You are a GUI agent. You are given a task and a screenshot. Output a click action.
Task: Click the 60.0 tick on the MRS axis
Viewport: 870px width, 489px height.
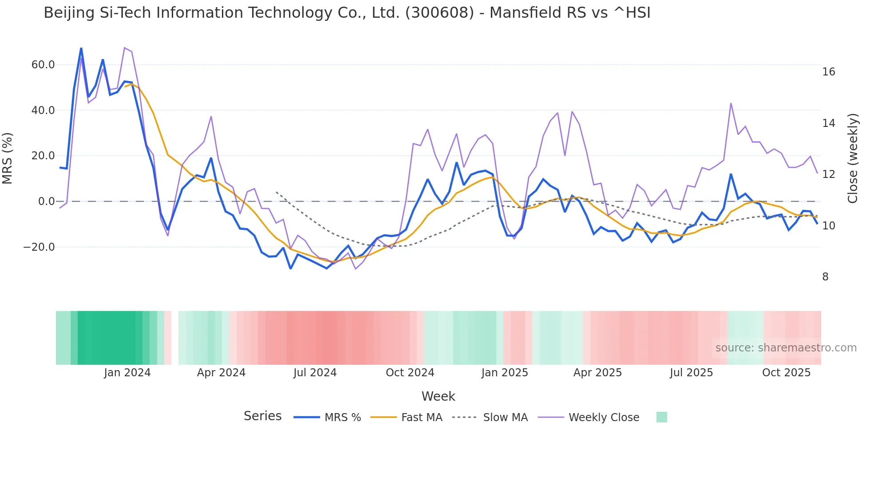pos(43,65)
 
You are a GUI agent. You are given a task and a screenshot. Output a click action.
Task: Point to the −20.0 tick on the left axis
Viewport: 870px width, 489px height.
pos(39,247)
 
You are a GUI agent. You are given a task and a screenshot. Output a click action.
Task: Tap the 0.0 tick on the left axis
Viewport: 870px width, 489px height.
pos(46,201)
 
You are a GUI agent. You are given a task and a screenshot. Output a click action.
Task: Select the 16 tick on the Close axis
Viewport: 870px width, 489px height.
pos(828,72)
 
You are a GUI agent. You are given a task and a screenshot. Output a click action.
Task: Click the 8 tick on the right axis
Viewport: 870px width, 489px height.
pos(825,277)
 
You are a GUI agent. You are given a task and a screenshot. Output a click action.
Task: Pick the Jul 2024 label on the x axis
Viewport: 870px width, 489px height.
pos(315,373)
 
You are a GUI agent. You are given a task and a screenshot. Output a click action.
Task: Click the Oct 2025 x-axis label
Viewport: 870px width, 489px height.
pos(786,373)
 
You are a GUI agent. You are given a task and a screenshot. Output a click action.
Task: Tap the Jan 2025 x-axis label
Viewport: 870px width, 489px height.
pos(505,373)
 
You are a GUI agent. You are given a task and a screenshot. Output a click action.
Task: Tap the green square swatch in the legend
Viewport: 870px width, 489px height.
pos(661,417)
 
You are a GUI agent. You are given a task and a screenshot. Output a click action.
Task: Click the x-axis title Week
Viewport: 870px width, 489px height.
pos(438,396)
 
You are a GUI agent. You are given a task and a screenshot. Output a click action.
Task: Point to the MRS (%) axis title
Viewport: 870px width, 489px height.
pos(8,158)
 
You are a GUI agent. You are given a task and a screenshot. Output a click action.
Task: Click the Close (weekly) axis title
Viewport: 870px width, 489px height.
pos(853,158)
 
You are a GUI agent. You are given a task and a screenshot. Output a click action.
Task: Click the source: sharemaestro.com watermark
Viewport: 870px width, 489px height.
pos(786,348)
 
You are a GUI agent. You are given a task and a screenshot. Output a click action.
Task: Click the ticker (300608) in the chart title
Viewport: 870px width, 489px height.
pos(439,13)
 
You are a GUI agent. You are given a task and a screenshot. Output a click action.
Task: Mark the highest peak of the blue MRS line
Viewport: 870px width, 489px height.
pos(81,48)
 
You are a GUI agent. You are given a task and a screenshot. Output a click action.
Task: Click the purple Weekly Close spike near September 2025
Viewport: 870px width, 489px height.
pos(731,103)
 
